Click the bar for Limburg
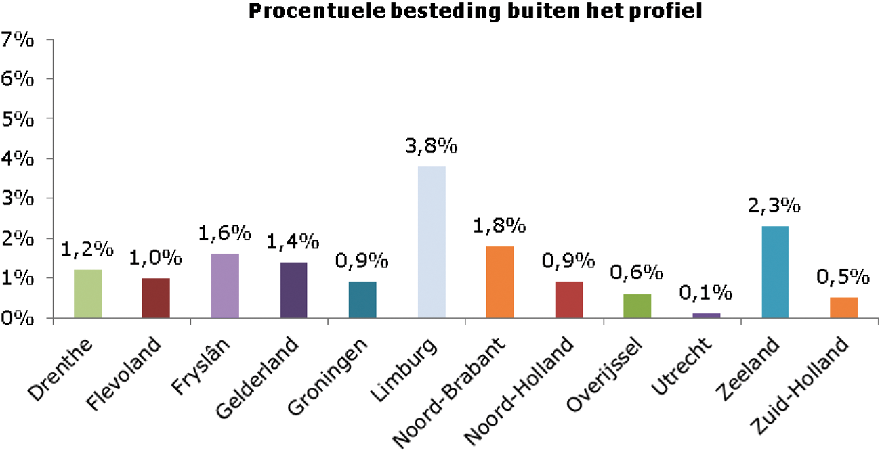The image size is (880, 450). point(432,242)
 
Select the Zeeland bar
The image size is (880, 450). point(775,271)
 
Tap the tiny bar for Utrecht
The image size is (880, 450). point(707,315)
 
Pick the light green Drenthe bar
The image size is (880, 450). point(87,294)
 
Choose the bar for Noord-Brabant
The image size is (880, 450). point(500,282)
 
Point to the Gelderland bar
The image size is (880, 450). point(293,290)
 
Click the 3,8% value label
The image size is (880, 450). point(432,147)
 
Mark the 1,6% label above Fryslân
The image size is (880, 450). point(224,234)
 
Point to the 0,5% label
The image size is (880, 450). point(843,277)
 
